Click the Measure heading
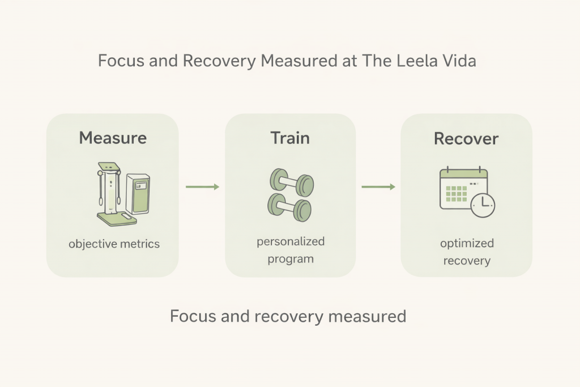click(113, 138)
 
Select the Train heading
click(290, 138)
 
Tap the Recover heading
click(466, 138)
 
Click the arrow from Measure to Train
click(202, 187)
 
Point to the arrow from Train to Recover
click(378, 187)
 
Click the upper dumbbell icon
click(291, 182)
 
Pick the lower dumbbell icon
click(290, 205)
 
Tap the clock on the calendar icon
click(482, 204)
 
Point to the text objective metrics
click(114, 244)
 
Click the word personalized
click(291, 241)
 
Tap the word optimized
click(467, 243)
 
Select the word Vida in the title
click(457, 61)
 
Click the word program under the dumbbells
click(290, 259)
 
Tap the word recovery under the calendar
click(467, 261)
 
